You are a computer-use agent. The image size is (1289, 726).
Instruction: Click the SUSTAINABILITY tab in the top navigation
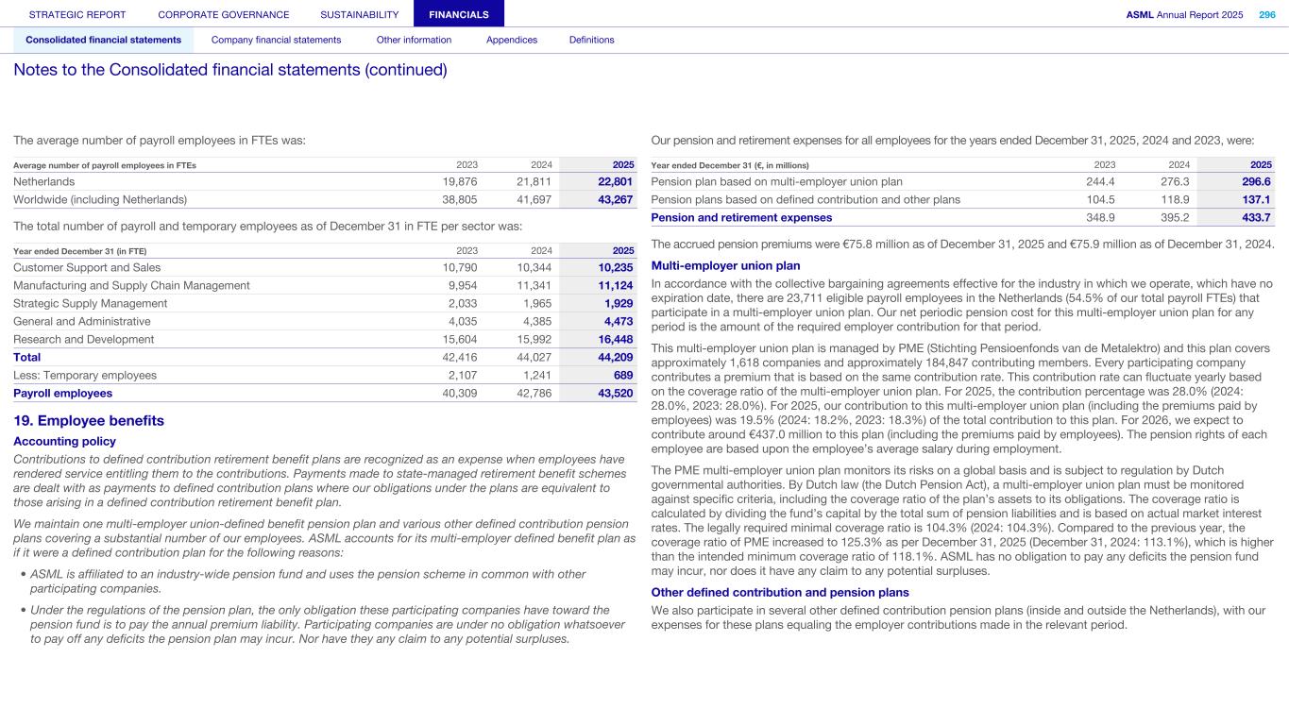pos(360,14)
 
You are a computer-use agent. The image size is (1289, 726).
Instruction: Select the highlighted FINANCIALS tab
pos(458,14)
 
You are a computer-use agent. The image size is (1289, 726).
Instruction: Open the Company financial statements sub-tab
pos(276,40)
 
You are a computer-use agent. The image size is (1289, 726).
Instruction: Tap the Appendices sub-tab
pos(512,40)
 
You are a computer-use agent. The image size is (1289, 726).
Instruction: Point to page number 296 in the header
pos(1266,14)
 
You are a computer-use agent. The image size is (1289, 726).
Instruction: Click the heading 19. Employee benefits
pos(89,421)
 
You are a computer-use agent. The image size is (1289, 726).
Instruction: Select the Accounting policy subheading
pos(64,442)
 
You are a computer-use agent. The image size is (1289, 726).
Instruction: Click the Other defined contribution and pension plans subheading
pos(780,593)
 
